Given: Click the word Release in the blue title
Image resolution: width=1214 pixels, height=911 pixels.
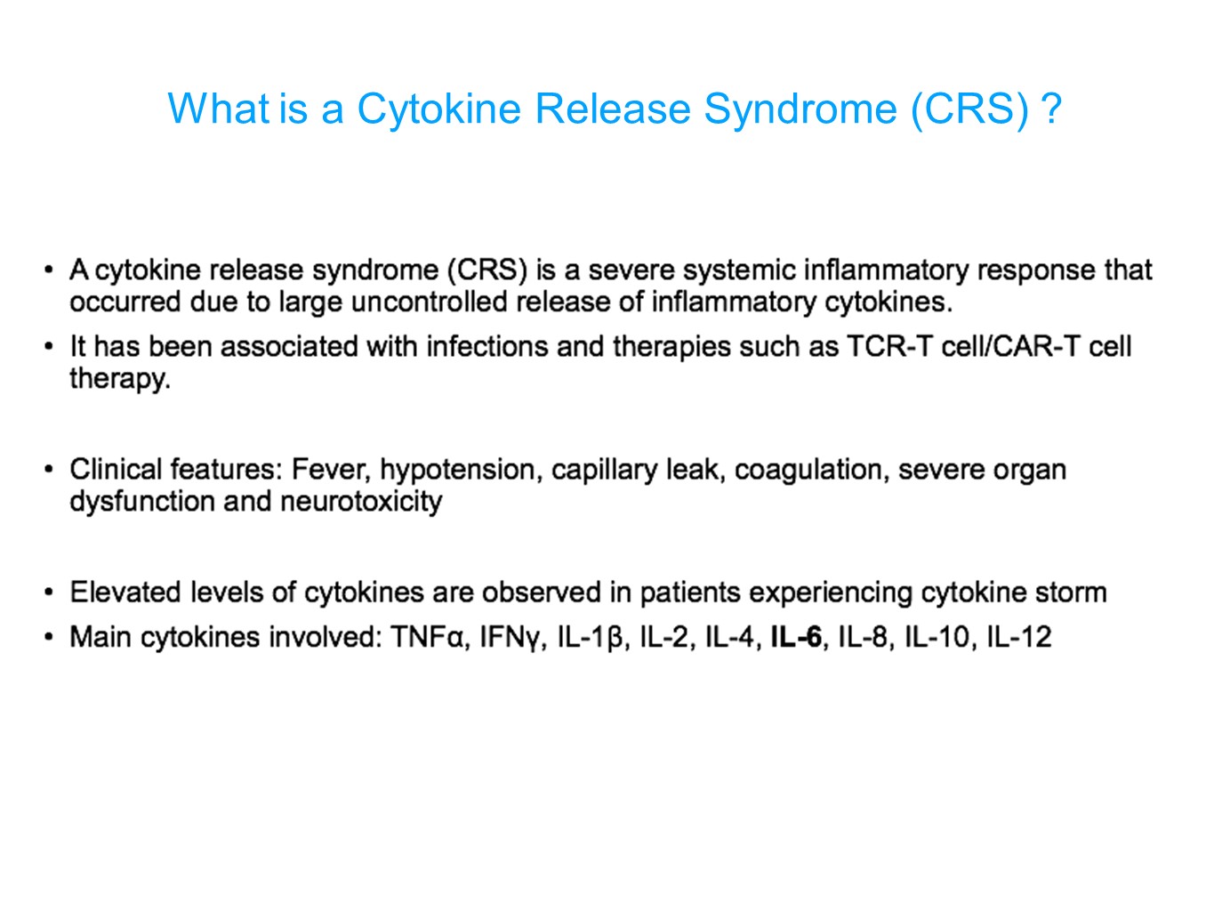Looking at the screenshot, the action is (612, 109).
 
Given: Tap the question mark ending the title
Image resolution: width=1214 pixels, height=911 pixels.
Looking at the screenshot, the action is (1051, 109).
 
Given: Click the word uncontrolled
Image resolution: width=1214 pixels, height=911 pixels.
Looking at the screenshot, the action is (429, 302).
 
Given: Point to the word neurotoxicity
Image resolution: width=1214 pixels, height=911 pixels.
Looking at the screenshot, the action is (360, 503).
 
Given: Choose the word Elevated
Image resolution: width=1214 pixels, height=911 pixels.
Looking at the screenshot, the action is (125, 593).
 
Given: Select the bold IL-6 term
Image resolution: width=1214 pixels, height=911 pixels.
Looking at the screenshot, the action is (796, 637).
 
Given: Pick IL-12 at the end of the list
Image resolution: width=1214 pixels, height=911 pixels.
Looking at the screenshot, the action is (1018, 637).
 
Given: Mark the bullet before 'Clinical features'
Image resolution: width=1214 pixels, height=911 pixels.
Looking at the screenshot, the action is (49, 471).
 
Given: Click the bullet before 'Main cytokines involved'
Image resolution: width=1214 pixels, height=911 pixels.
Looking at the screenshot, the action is (49, 638).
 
